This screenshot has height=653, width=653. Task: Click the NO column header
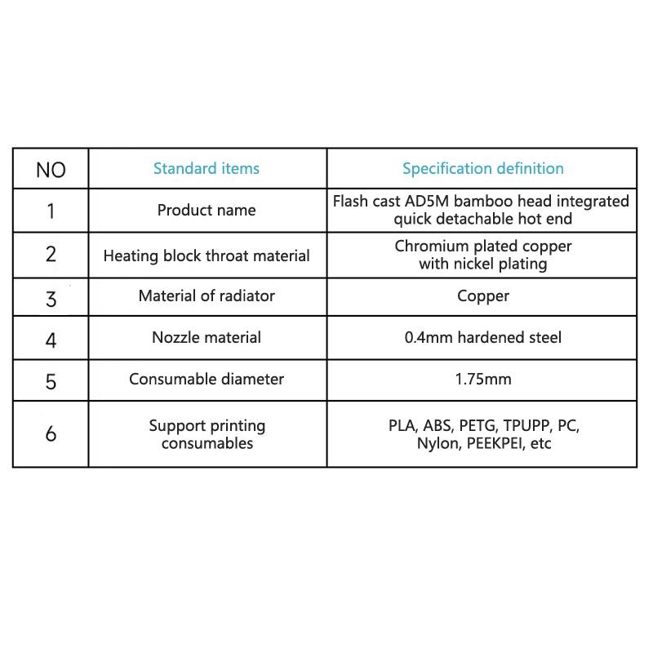point(51,170)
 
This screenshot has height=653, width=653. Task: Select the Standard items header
point(207,169)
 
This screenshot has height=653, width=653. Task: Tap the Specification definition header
point(482,169)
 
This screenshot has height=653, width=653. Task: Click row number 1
point(51,211)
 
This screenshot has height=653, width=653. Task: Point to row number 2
point(51,254)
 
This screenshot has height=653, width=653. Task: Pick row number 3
point(51,298)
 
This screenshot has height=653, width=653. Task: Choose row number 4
point(51,339)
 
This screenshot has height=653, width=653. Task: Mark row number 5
point(51,380)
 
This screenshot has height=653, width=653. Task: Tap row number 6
point(51,433)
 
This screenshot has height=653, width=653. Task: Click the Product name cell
point(207,211)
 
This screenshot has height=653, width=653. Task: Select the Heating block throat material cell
point(207,255)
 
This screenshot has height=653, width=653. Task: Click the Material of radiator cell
point(207,295)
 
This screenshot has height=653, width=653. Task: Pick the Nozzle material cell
point(207,337)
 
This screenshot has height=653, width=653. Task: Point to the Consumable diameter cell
point(207,379)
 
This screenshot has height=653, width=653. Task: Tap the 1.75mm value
point(482,379)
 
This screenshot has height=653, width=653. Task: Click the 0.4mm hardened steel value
point(482,337)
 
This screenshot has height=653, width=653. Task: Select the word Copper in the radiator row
point(482,295)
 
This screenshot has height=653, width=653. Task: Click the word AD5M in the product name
point(427,201)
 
